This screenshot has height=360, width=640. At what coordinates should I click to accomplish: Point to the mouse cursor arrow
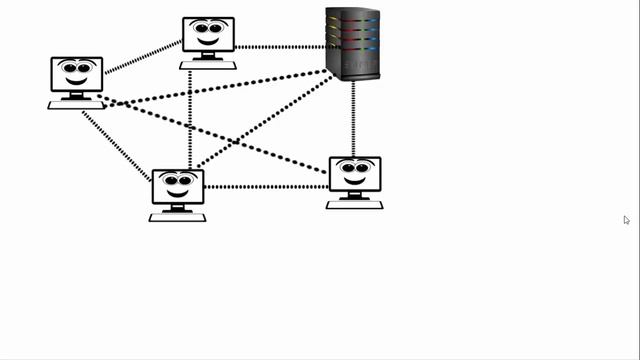point(626,219)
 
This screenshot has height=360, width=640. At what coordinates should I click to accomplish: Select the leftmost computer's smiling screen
point(77,74)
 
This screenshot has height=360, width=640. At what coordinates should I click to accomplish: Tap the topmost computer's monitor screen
point(208,34)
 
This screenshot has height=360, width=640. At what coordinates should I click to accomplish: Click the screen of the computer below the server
point(354,173)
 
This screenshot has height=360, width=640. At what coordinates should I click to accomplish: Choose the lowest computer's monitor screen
point(178,186)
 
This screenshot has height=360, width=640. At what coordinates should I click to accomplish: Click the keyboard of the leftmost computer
point(76,104)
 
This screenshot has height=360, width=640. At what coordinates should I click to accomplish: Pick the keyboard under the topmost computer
point(208,65)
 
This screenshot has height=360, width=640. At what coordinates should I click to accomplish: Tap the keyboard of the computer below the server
point(354,204)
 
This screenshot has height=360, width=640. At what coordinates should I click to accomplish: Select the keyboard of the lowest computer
point(177,216)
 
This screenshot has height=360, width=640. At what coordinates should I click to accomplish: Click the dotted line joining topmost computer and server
point(280,46)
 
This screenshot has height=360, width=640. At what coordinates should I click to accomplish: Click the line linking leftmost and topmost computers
point(143,57)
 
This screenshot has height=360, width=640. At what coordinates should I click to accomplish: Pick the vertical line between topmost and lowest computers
point(190,120)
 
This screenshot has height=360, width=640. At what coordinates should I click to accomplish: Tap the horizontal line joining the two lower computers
point(266,186)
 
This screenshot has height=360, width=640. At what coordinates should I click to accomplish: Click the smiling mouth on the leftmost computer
point(77,81)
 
